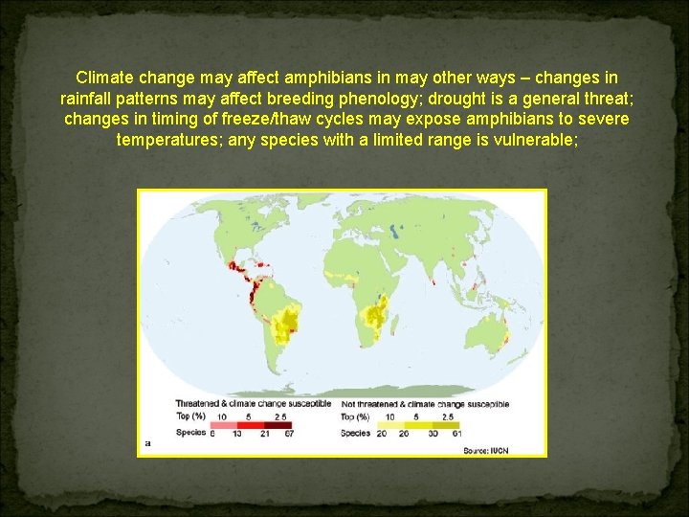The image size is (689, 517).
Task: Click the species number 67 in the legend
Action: coord(288,433)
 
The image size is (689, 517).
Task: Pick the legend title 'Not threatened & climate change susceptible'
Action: coord(425,403)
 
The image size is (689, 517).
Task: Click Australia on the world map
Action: coord(491,330)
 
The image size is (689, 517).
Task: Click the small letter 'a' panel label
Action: coord(147,443)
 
